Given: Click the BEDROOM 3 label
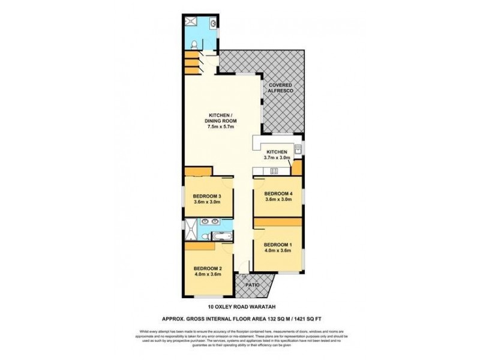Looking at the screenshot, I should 208,196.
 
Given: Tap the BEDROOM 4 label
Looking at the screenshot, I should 278,193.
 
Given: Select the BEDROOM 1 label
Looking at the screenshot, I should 278,244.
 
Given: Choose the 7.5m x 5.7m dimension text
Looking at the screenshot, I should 223,127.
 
